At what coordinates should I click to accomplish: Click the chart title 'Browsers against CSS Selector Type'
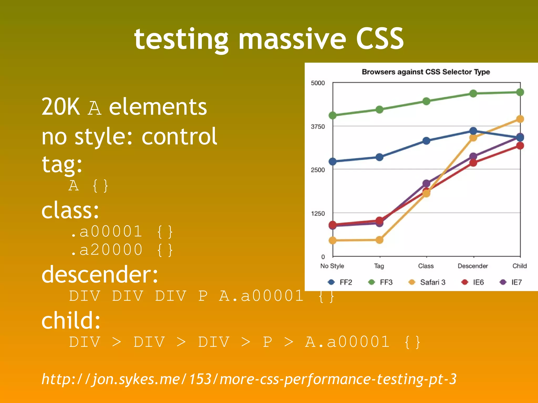coord(426,72)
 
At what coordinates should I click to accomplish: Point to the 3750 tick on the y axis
coord(318,126)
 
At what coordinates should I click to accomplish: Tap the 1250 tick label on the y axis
coord(318,213)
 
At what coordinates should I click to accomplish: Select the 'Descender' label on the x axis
coord(473,266)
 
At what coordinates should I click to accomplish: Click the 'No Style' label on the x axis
coord(332,266)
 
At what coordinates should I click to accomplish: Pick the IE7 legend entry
coord(511,282)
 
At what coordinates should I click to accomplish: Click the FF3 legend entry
coord(381,282)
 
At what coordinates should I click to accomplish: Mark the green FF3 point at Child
coord(520,92)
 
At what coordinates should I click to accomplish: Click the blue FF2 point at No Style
coord(333,161)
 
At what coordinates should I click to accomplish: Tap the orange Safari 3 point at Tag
coord(379,240)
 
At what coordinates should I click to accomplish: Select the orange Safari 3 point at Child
coord(520,119)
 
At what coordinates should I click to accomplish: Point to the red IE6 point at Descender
coord(473,163)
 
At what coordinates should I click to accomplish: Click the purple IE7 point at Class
coord(426,183)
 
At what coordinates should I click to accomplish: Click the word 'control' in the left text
coord(179,136)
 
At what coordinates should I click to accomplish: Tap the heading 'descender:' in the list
coord(100,274)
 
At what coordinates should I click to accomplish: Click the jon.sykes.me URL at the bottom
coord(249,379)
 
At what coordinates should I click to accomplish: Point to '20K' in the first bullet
coord(61,107)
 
